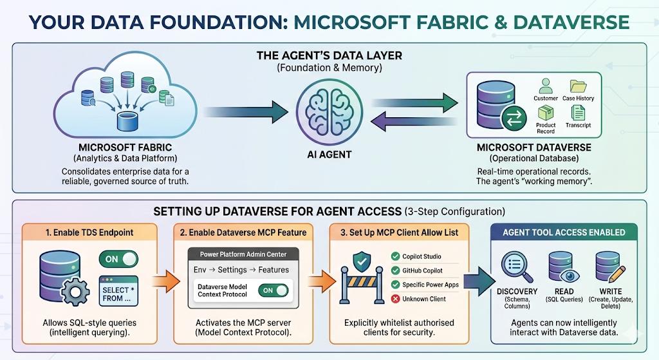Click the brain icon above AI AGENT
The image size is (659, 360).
coord(329,109)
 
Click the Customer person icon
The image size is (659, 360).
coord(546,86)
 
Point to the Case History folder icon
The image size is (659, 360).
coord(578,86)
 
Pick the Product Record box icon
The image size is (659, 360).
coord(546,113)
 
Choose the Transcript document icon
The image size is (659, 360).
coord(578,113)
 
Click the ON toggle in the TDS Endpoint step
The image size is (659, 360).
coord(118,259)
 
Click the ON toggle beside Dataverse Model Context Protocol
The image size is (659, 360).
coord(273,290)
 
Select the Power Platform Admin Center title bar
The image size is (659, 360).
coord(243,254)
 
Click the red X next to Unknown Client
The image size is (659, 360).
coord(395,299)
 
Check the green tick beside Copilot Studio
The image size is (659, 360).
coord(395,256)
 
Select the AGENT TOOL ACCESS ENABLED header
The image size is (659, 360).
coord(563,232)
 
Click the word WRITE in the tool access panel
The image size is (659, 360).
coord(609,291)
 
